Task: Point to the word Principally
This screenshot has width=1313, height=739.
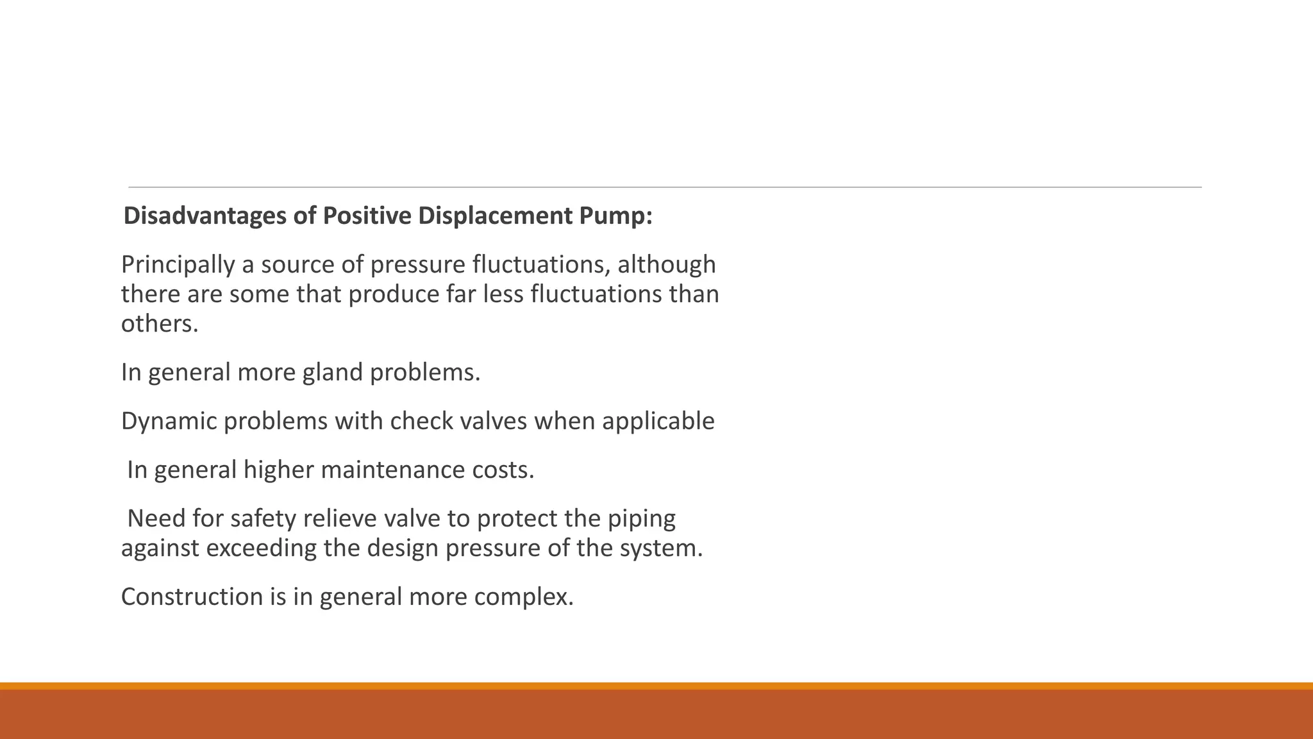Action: pos(178,265)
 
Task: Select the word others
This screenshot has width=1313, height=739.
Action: pos(160,323)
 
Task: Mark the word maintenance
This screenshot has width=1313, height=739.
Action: pos(392,470)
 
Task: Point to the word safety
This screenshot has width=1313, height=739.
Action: pos(263,518)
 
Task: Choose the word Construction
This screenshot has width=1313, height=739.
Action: pos(192,597)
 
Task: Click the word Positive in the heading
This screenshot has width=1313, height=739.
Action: pos(367,216)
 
